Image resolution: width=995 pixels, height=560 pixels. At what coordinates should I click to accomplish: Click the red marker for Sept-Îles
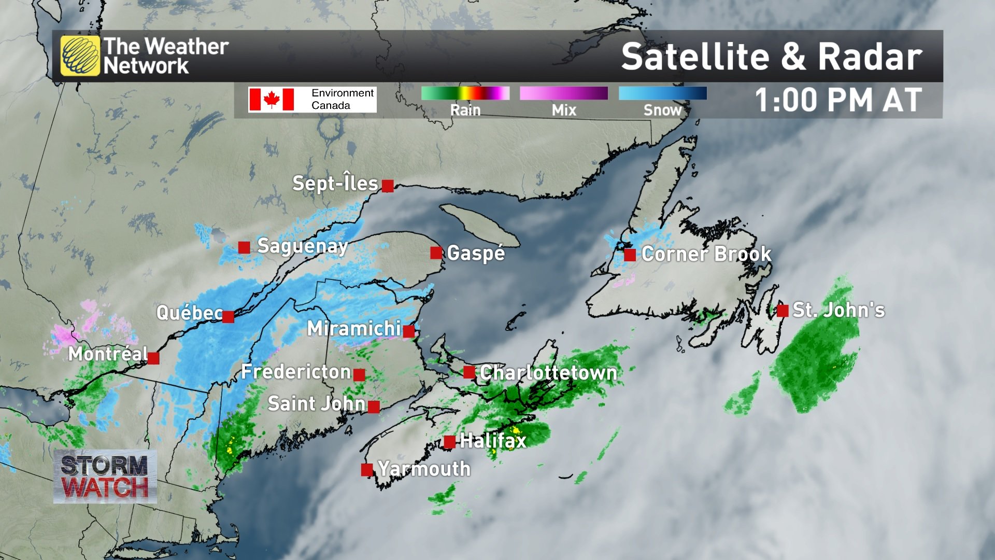(x=388, y=186)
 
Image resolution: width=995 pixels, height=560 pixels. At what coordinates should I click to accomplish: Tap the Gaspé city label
(x=476, y=253)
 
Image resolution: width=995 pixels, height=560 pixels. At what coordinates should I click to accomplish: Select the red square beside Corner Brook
(x=630, y=255)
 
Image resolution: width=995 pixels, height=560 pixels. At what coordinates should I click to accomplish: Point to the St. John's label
(x=838, y=310)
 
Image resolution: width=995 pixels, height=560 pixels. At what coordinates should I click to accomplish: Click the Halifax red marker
(x=450, y=442)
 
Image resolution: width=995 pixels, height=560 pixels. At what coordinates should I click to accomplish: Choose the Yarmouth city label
(x=424, y=469)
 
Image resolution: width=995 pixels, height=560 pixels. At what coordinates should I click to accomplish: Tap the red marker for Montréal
(x=153, y=358)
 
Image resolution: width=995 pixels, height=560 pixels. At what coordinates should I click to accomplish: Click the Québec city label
(x=189, y=313)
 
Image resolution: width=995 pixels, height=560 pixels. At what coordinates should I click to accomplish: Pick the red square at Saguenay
(x=244, y=247)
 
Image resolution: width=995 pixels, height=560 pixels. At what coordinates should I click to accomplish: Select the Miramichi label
(x=354, y=328)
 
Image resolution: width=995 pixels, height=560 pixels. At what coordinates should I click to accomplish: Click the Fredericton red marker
(x=359, y=374)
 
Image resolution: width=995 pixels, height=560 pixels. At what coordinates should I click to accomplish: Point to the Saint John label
(x=316, y=403)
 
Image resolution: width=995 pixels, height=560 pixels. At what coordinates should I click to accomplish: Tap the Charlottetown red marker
(x=469, y=372)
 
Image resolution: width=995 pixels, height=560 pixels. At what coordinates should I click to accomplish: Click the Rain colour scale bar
(x=465, y=93)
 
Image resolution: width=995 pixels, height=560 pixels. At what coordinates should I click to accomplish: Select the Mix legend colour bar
(x=563, y=93)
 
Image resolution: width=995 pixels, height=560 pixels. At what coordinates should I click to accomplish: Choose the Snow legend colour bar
(x=662, y=93)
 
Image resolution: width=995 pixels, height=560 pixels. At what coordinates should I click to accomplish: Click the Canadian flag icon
(x=271, y=99)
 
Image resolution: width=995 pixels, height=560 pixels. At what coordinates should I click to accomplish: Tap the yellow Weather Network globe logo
(x=80, y=56)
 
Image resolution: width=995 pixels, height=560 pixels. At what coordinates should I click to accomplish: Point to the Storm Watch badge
(x=105, y=477)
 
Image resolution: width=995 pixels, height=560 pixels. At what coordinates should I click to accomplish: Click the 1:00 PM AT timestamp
(x=838, y=100)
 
